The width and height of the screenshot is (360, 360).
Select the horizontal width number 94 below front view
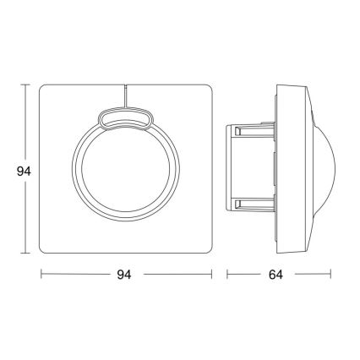[x=125, y=275]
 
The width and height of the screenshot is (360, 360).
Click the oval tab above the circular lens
[x=125, y=118]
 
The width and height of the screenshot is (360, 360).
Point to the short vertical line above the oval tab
[x=125, y=95]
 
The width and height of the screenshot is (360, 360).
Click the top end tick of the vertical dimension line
[x=25, y=85]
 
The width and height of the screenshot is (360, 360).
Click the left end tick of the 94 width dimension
[x=41, y=275]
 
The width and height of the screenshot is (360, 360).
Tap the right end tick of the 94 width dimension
[x=211, y=275]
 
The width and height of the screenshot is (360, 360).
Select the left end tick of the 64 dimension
[x=226, y=275]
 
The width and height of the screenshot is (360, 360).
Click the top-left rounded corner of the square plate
[x=45, y=89]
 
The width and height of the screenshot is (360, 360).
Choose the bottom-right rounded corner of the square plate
[x=207, y=251]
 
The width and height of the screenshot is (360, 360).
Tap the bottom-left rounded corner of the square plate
[x=45, y=251]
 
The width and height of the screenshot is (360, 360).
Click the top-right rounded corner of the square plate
[x=207, y=89]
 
